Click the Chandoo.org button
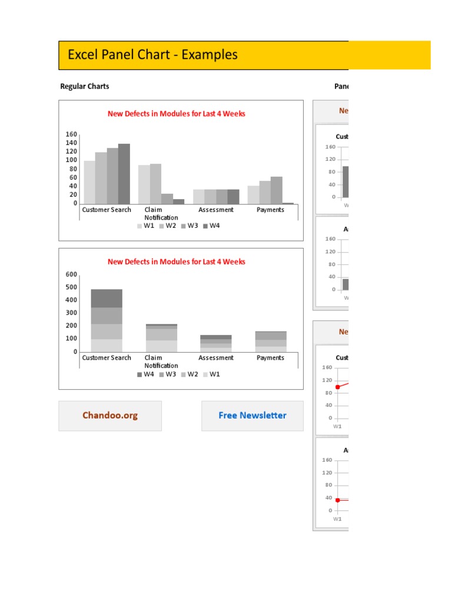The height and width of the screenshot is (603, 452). click(x=110, y=416)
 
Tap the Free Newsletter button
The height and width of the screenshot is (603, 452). click(x=252, y=416)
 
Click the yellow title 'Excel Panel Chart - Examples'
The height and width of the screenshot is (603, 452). click(x=152, y=55)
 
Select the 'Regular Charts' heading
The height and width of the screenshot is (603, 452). click(x=85, y=87)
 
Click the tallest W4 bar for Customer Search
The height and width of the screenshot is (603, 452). click(x=124, y=174)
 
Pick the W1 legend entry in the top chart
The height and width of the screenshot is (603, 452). click(x=146, y=226)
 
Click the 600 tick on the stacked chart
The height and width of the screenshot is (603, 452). click(x=71, y=274)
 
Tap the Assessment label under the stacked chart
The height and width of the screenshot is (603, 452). click(x=216, y=358)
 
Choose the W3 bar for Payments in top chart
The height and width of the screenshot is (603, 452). click(x=277, y=190)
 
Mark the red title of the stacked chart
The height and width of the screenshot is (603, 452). click(x=177, y=262)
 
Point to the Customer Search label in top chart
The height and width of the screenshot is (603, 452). click(x=107, y=210)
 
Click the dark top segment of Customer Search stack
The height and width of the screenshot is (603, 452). click(x=107, y=298)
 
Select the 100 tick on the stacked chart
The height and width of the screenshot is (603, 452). click(x=71, y=339)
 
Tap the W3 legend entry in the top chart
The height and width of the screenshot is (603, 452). click(x=190, y=226)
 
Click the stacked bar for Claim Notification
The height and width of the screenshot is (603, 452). click(x=161, y=338)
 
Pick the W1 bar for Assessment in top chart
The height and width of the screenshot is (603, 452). click(x=199, y=197)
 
